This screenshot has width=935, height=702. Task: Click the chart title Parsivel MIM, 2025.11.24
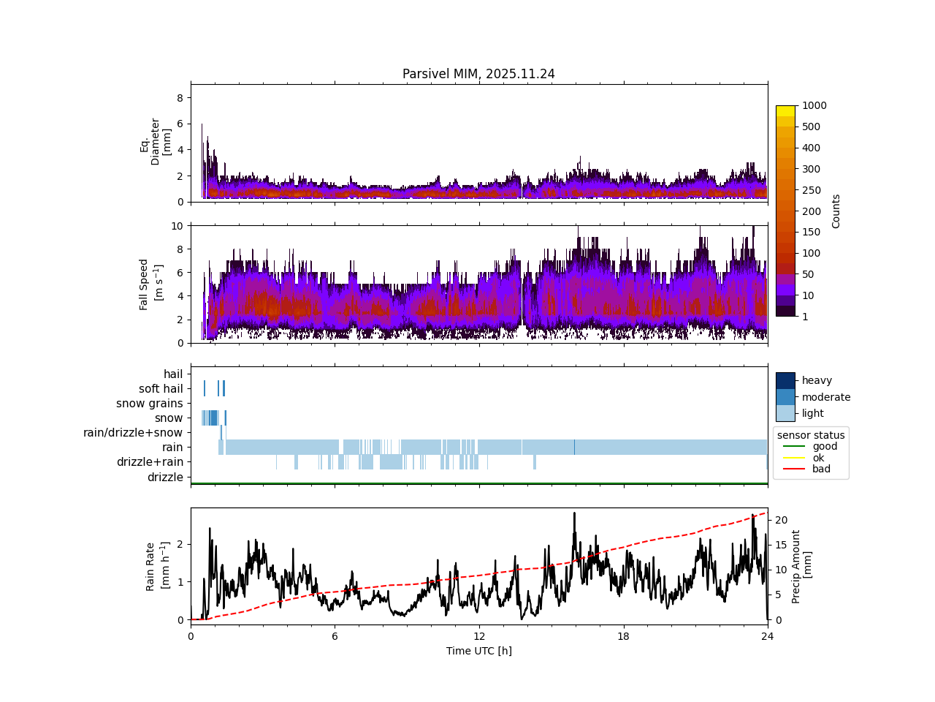tap(478, 74)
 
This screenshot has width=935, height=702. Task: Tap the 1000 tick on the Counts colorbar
tap(814, 105)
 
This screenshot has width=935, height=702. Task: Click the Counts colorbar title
tap(836, 211)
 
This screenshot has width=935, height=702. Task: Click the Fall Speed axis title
tap(149, 284)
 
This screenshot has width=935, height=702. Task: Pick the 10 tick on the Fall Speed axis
tap(177, 225)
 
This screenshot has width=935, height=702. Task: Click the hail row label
tap(173, 374)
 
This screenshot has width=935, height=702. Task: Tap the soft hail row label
tap(161, 389)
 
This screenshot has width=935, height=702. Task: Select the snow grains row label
tap(149, 404)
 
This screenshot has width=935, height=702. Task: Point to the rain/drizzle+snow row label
tap(133, 433)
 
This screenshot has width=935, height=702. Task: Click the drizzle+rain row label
tap(150, 462)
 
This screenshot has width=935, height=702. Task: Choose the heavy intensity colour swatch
tap(785, 380)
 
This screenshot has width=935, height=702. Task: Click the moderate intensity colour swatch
tap(785, 397)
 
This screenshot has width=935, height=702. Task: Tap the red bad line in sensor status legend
tap(793, 469)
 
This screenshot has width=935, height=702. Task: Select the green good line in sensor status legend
tap(793, 446)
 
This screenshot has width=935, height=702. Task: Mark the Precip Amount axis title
tap(801, 566)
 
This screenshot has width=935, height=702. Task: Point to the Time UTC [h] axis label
tap(478, 651)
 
